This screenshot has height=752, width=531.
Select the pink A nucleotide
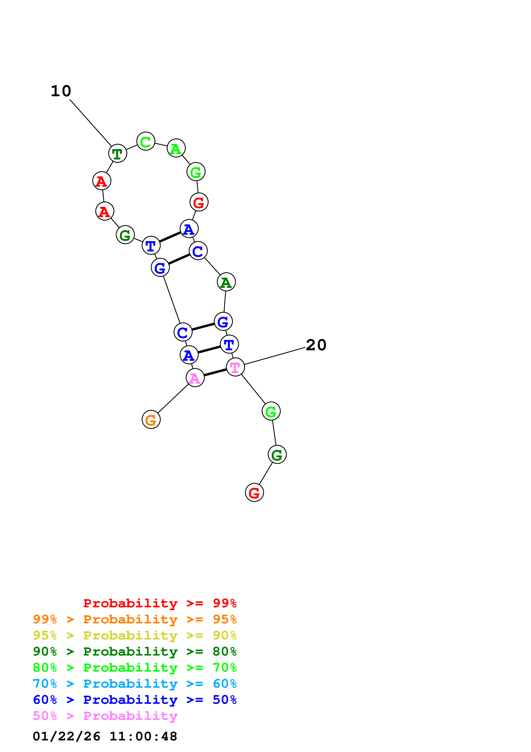pos(195,378)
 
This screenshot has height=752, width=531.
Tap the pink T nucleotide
pos(235,367)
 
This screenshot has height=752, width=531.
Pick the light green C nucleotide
pos(146,141)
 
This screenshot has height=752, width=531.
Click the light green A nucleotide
pos(176,148)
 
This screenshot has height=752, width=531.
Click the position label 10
pos(61,91)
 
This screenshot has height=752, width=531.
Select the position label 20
pos(316,345)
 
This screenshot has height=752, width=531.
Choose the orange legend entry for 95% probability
pos(135,619)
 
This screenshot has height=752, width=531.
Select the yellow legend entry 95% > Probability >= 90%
pos(135,635)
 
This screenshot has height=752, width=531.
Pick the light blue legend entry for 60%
pos(135,684)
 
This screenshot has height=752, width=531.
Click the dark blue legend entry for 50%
pos(135,700)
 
